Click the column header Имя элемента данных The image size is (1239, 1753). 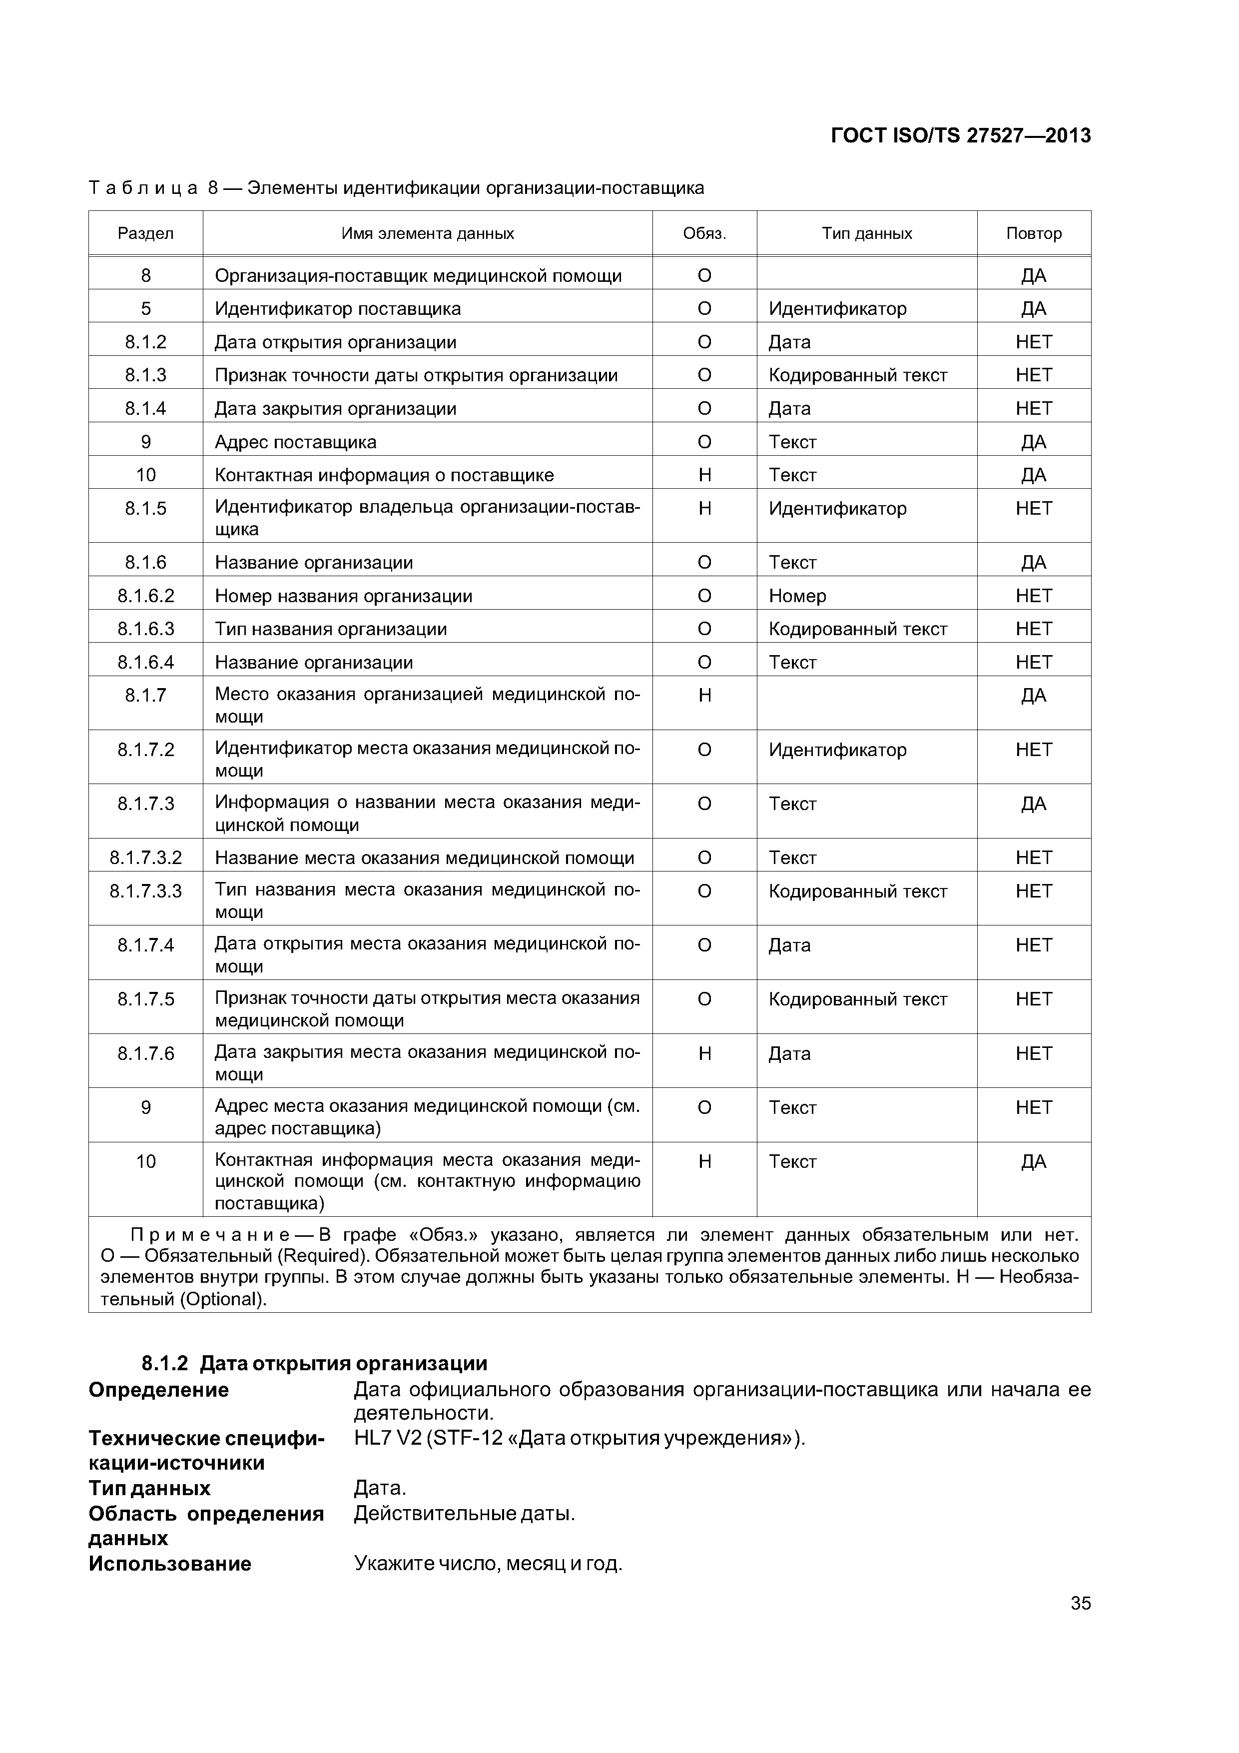pos(428,234)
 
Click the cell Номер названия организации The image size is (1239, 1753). pos(344,596)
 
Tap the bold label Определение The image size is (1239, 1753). pos(159,1390)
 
